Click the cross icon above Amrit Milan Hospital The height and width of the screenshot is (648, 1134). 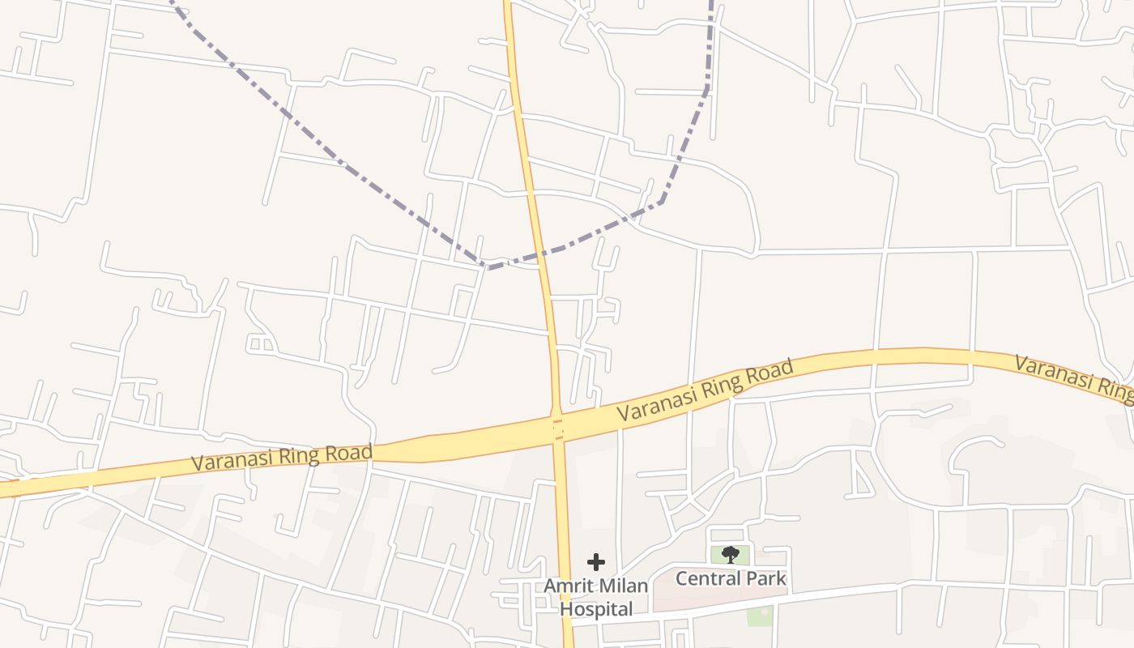point(596,561)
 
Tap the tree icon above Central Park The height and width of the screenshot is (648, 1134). point(731,555)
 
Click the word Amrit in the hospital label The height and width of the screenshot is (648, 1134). point(566,586)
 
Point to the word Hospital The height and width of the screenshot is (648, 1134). point(597,609)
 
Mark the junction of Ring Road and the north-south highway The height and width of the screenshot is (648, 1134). point(557,428)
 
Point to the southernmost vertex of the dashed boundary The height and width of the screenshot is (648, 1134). point(487,267)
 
